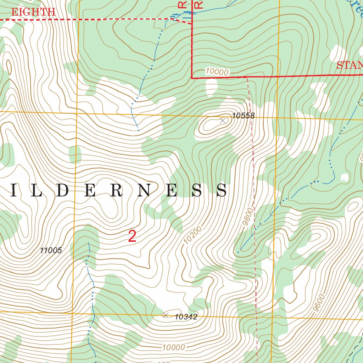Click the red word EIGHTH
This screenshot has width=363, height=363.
[33, 12]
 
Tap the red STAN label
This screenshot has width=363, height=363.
[349, 65]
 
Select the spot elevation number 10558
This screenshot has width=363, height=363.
[244, 116]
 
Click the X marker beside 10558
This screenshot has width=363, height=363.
[223, 121]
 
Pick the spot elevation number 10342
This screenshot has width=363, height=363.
[186, 317]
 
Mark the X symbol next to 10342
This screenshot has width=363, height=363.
[165, 315]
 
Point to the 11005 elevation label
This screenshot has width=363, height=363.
[51, 251]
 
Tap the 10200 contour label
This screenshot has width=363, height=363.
[193, 235]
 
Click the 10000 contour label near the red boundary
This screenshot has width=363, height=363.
[217, 72]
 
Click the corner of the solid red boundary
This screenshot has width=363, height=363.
[192, 78]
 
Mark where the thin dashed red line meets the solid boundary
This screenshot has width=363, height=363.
[247, 77]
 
